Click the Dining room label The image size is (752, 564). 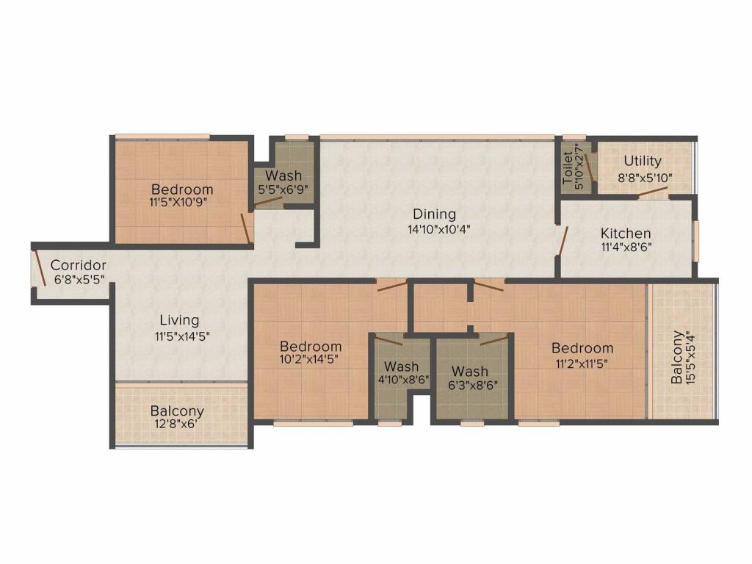(x=434, y=214)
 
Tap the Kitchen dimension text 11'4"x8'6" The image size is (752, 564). (x=626, y=248)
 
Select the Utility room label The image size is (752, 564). (x=643, y=162)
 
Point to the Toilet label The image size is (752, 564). (x=568, y=168)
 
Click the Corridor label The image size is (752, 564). (x=78, y=264)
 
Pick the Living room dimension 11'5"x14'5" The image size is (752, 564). (x=182, y=336)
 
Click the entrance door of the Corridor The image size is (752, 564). (x=38, y=267)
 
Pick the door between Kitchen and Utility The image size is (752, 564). (x=653, y=193)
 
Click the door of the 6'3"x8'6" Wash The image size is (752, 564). (x=494, y=340)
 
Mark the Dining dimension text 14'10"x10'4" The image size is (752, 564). (x=438, y=229)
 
